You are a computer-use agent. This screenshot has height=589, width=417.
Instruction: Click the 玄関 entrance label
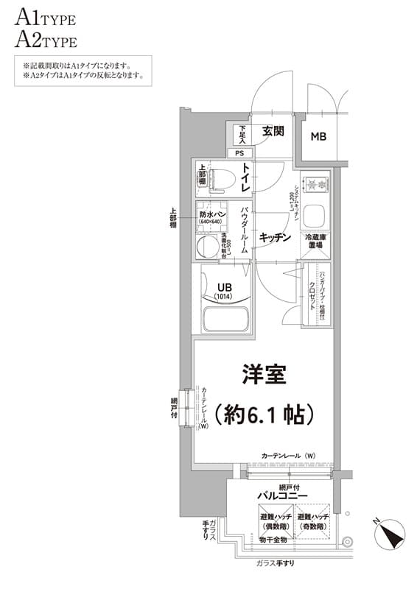[273, 133]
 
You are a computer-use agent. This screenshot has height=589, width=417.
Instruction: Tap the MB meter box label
[318, 137]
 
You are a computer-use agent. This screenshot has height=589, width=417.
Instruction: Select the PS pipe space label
[239, 153]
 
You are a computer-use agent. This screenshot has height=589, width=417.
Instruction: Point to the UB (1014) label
[223, 292]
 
